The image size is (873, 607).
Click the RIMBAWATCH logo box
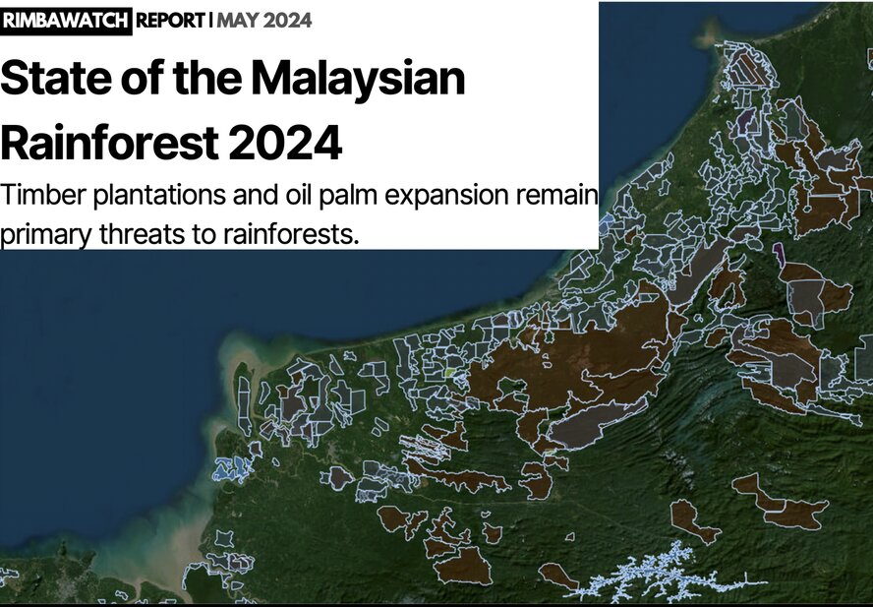[x=66, y=21]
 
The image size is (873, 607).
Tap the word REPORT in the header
[x=170, y=21]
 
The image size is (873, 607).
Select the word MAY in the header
[x=238, y=21]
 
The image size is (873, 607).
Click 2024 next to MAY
[x=288, y=21]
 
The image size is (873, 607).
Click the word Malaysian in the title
[x=358, y=78]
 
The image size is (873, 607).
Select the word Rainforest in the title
[x=109, y=143]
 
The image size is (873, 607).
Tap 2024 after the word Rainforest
[x=285, y=143]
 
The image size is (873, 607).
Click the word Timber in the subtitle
[x=43, y=195]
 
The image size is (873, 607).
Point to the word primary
[x=45, y=235]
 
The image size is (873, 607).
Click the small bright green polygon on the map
[x=451, y=372]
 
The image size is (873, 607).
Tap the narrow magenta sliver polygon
[x=780, y=255]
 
